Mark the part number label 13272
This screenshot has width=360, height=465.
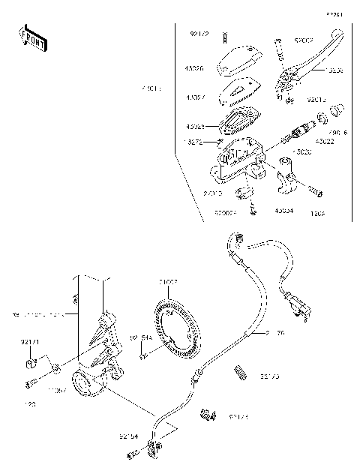click(193, 141)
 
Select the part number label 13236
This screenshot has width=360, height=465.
click(334, 69)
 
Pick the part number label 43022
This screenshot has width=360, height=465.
click(324, 141)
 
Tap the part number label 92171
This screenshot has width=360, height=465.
click(29, 342)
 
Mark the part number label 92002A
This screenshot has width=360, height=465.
click(226, 212)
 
